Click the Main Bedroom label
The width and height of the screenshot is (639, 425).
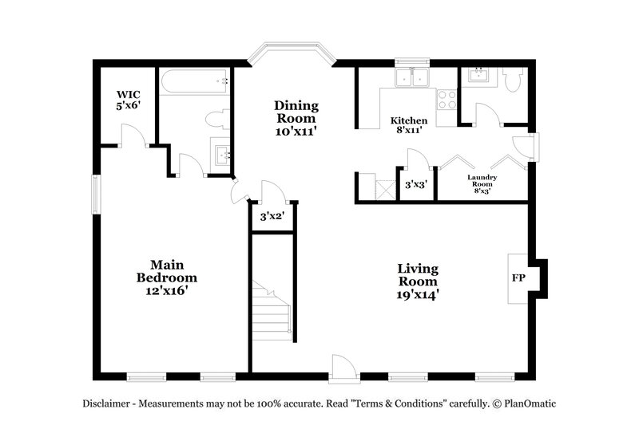tap(166, 277)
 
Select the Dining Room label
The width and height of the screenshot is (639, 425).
tap(296, 118)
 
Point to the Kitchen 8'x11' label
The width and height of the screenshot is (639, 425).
tap(408, 125)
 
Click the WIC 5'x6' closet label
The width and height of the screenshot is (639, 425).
tap(127, 99)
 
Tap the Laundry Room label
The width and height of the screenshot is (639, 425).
tap(482, 183)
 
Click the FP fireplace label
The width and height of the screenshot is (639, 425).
tap(518, 280)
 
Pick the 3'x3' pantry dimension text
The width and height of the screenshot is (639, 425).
tap(415, 184)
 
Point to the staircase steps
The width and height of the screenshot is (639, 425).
tap(270, 315)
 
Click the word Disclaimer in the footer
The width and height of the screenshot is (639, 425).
tap(109, 403)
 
